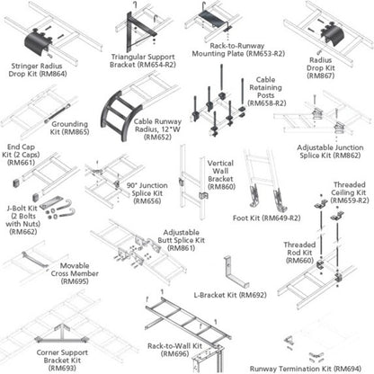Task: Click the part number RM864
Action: pos(53,74)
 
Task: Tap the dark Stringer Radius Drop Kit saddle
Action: pos(37,43)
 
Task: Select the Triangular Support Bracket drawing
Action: pos(139,31)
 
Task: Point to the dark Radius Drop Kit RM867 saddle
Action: pos(333,35)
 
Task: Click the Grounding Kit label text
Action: pos(70,128)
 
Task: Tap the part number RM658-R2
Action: pos(267,103)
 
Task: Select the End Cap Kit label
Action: pos(21,155)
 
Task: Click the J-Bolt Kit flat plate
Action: pos(51,202)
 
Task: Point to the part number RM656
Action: pos(147,201)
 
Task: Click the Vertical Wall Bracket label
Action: pos(221,175)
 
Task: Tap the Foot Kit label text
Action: pos(267,218)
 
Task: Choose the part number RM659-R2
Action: pos(350,200)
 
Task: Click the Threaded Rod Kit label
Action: pos(299,253)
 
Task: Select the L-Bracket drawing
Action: pos(236,272)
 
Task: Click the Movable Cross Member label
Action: pos(75,273)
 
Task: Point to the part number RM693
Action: pos(62,368)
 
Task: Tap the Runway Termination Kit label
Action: pos(306,369)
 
